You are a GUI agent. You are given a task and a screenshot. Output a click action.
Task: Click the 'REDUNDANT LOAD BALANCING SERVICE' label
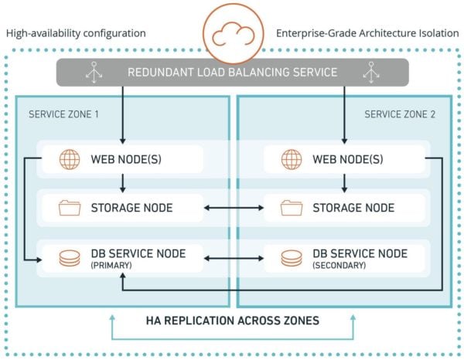(x=232, y=73)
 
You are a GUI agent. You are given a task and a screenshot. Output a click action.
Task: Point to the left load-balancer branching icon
(x=90, y=73)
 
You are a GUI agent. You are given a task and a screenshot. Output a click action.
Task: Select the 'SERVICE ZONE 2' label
(x=400, y=114)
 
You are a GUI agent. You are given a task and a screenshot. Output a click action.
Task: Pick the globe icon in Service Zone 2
(x=292, y=160)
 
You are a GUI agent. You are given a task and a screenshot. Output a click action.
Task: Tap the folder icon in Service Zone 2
(x=292, y=208)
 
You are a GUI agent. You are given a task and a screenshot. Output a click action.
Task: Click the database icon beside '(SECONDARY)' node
(x=292, y=257)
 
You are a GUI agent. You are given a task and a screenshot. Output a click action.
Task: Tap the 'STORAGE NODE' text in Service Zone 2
(x=353, y=208)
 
